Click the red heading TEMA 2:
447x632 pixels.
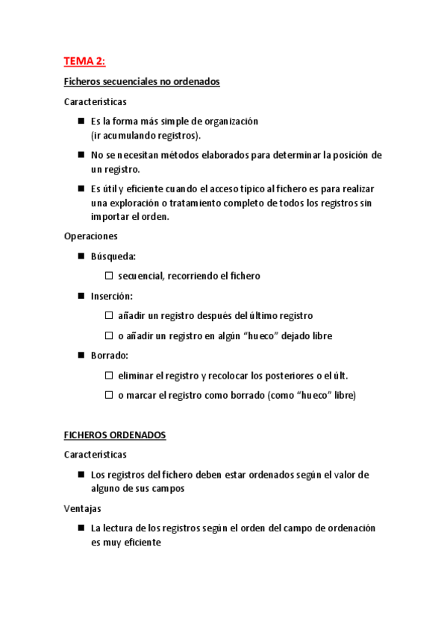point(84,61)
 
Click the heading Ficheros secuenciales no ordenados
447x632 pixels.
point(142,82)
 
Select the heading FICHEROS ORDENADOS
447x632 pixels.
point(115,435)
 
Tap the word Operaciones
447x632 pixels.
point(91,236)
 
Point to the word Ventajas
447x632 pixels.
point(82,508)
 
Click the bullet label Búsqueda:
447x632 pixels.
point(113,256)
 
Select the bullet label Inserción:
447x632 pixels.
point(112,296)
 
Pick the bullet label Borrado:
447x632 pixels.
point(110,355)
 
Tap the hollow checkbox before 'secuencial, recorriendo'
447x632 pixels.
point(109,276)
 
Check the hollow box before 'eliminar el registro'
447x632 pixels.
point(109,376)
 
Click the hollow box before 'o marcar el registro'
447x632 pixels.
point(109,396)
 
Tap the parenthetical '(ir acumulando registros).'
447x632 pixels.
point(146,135)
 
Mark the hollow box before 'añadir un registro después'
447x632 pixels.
point(109,316)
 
